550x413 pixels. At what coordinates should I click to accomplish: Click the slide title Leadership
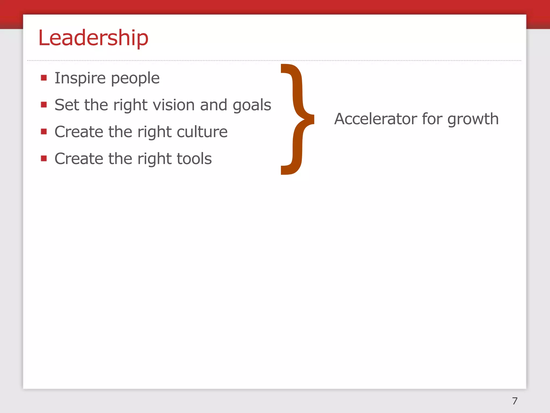click(x=93, y=38)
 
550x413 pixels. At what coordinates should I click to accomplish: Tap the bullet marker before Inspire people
click(x=44, y=78)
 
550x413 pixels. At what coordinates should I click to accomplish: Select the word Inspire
click(x=80, y=78)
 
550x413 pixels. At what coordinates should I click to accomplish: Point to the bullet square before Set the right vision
click(x=44, y=105)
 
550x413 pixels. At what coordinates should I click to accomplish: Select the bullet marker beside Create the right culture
click(x=44, y=131)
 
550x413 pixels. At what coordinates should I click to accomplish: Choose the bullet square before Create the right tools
click(x=44, y=158)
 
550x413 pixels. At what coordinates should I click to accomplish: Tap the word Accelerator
click(x=376, y=119)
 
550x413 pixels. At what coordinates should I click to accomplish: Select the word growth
click(x=473, y=119)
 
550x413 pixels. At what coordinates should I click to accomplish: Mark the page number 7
click(x=515, y=401)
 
